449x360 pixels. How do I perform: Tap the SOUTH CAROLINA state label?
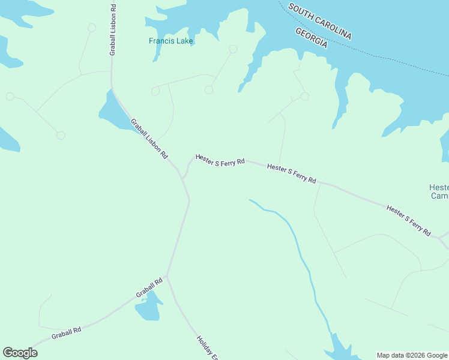(x=319, y=21)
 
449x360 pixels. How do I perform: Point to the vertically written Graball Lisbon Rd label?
(x=112, y=30)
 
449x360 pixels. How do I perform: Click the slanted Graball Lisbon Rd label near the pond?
(x=149, y=138)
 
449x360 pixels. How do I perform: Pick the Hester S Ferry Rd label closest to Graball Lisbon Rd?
(x=220, y=161)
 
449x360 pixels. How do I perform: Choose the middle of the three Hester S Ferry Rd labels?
(x=292, y=174)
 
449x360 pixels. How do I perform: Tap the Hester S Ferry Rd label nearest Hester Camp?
(x=409, y=220)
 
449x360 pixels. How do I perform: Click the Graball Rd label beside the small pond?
(x=149, y=287)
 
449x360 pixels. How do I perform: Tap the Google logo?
(x=20, y=353)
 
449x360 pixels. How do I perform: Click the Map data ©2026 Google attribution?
(x=412, y=355)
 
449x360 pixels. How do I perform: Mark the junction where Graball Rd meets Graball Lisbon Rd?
(x=167, y=276)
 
